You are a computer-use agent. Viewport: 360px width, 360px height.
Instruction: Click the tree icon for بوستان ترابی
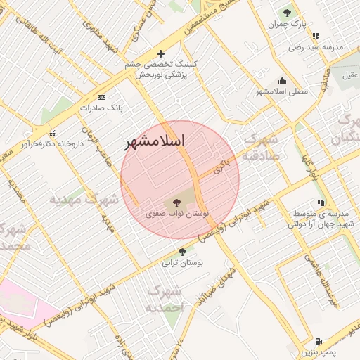183,252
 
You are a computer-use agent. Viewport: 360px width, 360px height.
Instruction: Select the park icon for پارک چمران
286,13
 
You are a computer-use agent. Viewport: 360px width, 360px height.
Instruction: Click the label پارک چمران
288,25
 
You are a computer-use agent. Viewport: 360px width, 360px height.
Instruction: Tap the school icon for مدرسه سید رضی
316,36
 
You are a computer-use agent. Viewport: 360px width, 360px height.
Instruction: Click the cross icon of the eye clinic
161,53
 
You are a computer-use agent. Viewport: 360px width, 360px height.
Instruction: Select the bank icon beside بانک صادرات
102,97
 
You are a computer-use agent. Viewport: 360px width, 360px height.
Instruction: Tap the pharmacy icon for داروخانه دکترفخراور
52,133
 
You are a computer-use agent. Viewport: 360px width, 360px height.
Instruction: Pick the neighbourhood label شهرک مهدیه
83,200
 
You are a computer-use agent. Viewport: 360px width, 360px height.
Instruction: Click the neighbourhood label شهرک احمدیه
165,299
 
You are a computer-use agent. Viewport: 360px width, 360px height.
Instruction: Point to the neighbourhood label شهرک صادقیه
261,148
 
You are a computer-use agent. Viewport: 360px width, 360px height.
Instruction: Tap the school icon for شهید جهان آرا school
321,203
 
